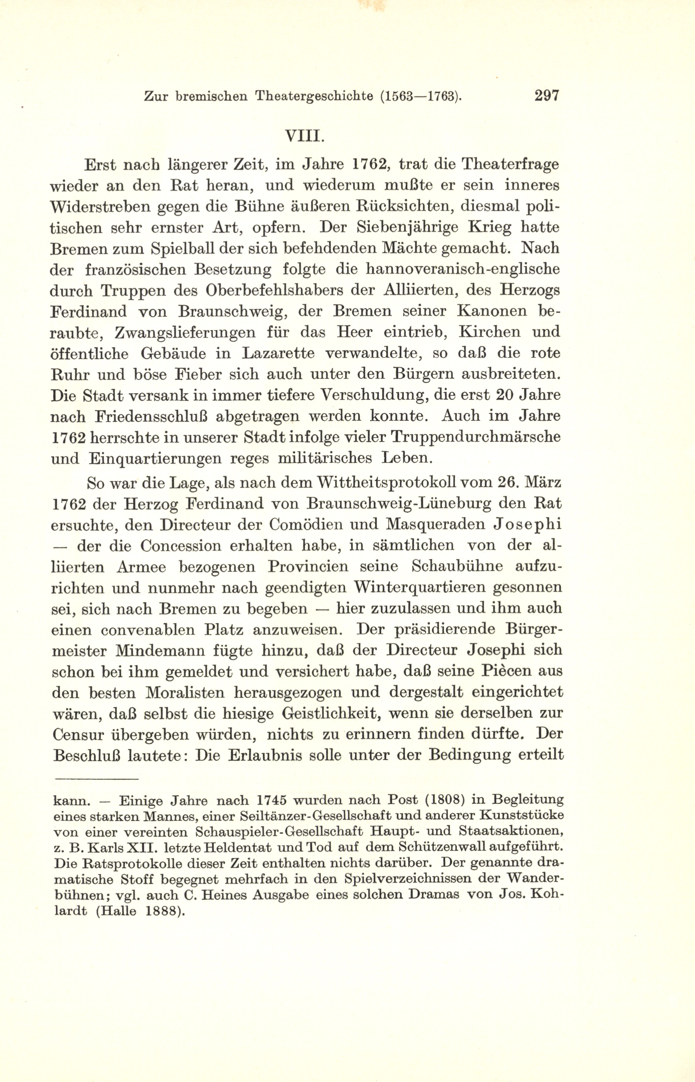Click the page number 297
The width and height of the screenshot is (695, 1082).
pos(546,96)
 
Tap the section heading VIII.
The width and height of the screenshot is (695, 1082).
pos(305,136)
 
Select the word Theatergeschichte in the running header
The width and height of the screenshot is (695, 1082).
pos(314,96)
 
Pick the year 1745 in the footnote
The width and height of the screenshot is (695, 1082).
pos(269,801)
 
